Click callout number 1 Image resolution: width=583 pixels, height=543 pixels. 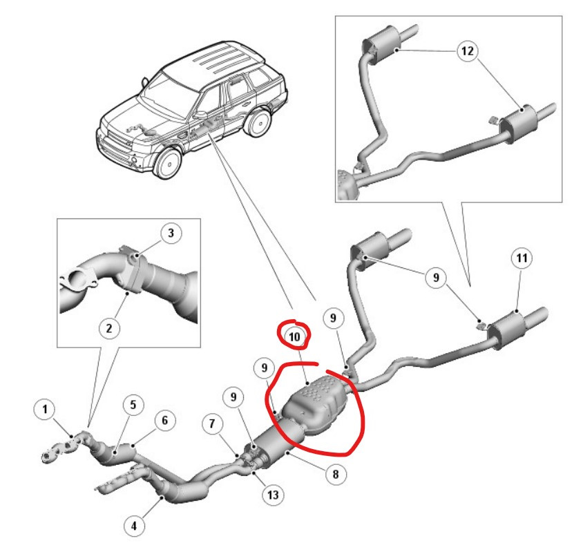click(45, 410)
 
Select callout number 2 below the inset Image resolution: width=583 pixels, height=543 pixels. click(109, 328)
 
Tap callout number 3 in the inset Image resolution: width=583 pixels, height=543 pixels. click(171, 234)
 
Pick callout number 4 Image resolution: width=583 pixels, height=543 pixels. click(134, 526)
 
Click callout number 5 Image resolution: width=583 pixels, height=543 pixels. click(133, 405)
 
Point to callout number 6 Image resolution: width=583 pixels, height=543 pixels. click(164, 420)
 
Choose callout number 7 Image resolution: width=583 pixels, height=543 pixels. click(212, 423)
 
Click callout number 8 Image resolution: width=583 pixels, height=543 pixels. click(336, 474)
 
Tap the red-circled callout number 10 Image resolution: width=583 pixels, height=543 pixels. click(294, 336)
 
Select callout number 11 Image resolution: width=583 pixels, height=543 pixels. click(522, 258)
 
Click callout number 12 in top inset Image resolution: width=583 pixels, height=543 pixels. click(468, 50)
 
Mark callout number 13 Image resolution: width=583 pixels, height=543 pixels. click(273, 495)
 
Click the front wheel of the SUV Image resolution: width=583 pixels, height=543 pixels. click(168, 164)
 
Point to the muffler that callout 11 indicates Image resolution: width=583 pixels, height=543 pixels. click(507, 330)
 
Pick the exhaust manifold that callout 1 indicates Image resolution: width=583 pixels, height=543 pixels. click(65, 446)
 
